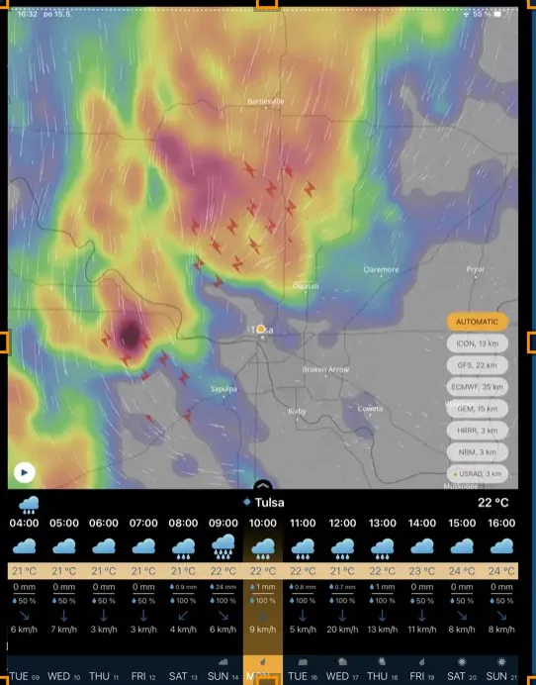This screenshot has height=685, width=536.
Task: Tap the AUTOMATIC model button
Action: coord(478,322)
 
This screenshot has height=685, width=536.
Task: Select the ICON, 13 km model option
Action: coord(478,343)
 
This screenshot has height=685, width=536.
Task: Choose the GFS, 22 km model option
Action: coord(478,365)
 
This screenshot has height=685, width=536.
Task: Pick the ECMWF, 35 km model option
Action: coord(478,387)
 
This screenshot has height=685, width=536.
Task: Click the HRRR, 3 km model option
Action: coord(478,431)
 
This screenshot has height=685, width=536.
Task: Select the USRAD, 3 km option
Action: coord(478,474)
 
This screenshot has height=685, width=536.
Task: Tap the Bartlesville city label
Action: coord(265,101)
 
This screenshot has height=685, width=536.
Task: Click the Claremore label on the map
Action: coord(381,268)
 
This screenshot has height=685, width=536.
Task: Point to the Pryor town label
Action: coord(476,268)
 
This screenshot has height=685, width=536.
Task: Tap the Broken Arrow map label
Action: coord(325,369)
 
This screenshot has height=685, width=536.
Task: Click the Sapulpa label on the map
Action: coord(224,389)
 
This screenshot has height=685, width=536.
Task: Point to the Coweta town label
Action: coord(369,408)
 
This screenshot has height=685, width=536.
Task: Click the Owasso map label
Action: coord(306,285)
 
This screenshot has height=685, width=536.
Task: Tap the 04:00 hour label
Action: coord(25,523)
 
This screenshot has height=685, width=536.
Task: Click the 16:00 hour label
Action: coord(501,523)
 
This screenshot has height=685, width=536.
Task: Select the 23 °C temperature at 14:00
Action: coord(422,571)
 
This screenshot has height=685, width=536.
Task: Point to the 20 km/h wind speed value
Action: coord(342,629)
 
